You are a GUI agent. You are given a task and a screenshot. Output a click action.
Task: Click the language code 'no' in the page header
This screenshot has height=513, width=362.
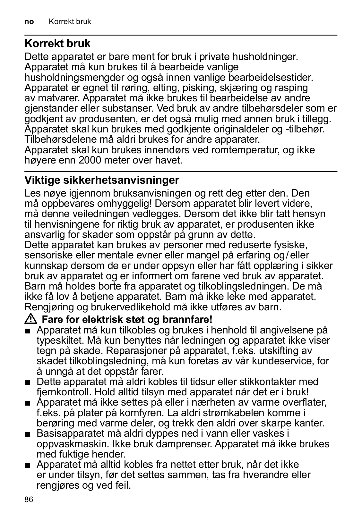pos(29,22)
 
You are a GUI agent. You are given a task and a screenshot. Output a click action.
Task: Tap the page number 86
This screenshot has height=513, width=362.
pos(29,500)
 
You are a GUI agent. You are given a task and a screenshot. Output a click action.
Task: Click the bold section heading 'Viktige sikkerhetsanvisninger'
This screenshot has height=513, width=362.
pos(102,180)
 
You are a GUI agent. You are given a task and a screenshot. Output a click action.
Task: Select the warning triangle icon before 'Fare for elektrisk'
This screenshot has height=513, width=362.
pos(31,319)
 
